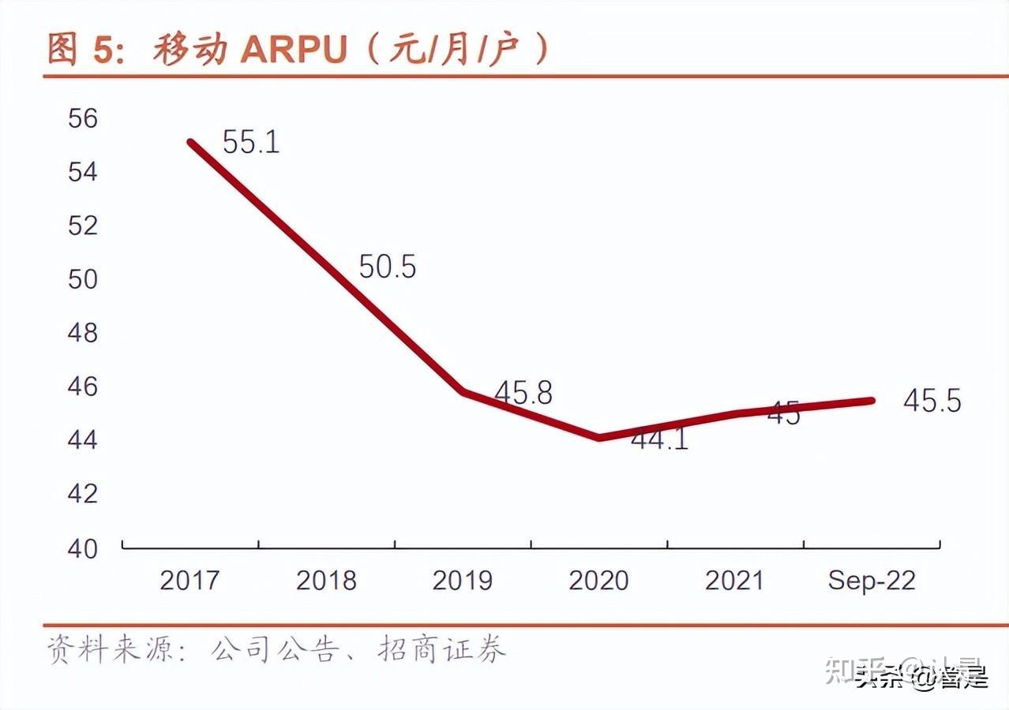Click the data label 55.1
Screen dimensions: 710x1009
(x=251, y=142)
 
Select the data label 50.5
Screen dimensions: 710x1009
(x=387, y=267)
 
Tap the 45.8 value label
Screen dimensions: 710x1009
(x=523, y=393)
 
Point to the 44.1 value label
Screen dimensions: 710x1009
(x=659, y=439)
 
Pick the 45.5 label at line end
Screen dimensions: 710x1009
(x=932, y=402)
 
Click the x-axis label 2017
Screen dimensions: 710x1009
(x=189, y=581)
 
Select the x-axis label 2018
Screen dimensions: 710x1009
(x=326, y=581)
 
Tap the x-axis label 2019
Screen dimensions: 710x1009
(x=462, y=581)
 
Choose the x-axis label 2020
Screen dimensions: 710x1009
(x=598, y=581)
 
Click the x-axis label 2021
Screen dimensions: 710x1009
(x=735, y=581)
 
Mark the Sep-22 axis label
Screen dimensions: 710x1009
(x=872, y=581)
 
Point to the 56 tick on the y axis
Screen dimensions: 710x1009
(x=82, y=118)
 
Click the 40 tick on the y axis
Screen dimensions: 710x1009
(x=82, y=547)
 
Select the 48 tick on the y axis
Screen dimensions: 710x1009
(x=82, y=333)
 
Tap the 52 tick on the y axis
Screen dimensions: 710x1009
(x=82, y=226)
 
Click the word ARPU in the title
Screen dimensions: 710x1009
(x=294, y=50)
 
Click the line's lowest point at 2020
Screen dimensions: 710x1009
(x=599, y=437)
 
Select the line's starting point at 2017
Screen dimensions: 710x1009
(x=191, y=142)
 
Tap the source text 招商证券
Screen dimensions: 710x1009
(x=442, y=649)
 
